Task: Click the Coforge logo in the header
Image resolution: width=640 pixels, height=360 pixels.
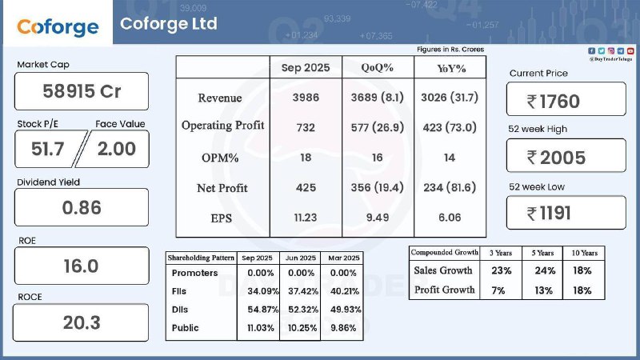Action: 58,26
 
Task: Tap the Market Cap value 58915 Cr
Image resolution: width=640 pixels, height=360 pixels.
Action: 82,91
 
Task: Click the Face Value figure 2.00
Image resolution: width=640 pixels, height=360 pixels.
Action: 117,149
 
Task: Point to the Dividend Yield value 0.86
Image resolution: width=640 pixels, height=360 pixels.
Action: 82,207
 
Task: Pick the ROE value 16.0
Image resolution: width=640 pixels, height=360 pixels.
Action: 81,266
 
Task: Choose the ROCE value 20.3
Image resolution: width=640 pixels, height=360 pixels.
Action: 81,322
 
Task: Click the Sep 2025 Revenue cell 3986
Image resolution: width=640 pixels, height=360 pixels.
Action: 306,98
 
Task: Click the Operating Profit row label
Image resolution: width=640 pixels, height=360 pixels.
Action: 222,126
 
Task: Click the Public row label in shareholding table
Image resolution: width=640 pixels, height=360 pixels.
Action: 185,327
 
